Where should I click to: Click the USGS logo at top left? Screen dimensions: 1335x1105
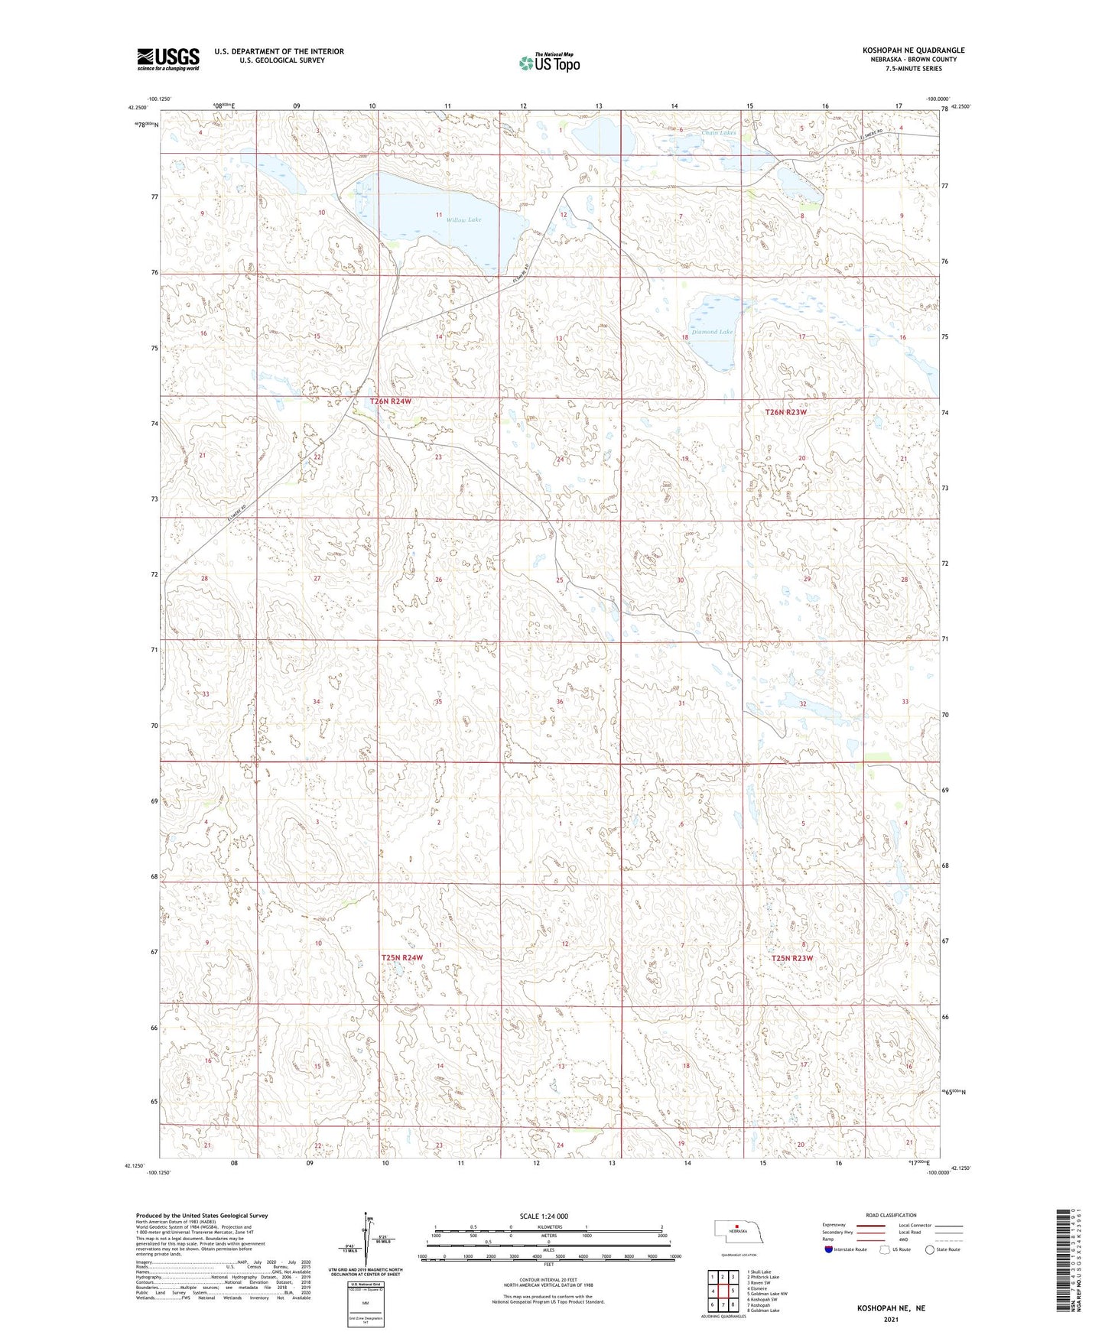coord(168,58)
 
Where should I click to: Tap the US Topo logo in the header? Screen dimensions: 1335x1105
coord(548,63)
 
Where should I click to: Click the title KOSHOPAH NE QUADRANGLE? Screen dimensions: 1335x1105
coord(913,50)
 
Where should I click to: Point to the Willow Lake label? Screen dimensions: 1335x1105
coord(464,219)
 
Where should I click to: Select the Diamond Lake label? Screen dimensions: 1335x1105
coord(713,332)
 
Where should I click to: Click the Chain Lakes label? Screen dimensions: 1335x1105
coord(719,133)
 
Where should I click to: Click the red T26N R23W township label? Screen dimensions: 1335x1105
coord(786,412)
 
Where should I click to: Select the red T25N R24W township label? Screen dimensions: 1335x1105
coord(402,957)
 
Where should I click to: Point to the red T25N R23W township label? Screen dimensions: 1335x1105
coord(791,958)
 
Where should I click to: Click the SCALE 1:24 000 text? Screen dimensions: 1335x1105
coord(544,1216)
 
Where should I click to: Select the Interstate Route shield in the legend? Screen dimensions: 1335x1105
coord(829,1249)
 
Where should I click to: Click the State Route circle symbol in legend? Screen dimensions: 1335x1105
coord(930,1249)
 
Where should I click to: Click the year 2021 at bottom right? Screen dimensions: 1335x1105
coord(890,1320)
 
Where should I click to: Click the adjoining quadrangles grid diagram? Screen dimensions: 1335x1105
coord(722,1290)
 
